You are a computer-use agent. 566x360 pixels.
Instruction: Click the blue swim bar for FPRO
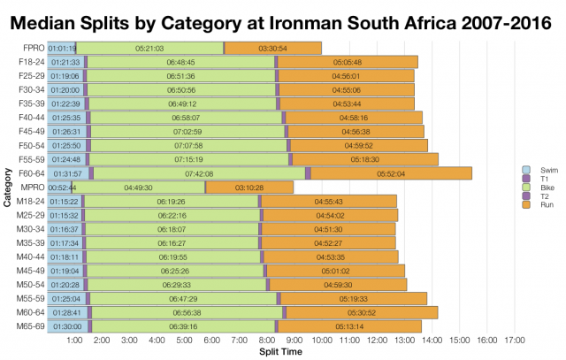pyautogui.click(x=62, y=48)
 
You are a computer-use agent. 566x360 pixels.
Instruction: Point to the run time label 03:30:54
pyautogui.click(x=272, y=48)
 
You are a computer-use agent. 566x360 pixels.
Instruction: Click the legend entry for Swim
pyautogui.click(x=532, y=168)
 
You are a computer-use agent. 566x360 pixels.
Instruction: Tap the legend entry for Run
pyautogui.click(x=532, y=203)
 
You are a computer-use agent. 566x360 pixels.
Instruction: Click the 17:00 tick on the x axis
pyautogui.click(x=515, y=340)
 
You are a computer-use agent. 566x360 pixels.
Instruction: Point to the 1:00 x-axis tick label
pyautogui.click(x=75, y=340)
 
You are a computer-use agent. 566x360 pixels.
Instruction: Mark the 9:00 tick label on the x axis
pyautogui.click(x=294, y=340)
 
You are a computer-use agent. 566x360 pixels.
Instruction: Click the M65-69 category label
pyautogui.click(x=28, y=326)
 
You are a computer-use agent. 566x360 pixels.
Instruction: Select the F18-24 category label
pyautogui.click(x=28, y=62)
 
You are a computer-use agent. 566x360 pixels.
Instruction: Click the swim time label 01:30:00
pyautogui.click(x=65, y=326)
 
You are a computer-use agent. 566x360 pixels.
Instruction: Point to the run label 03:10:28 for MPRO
pyautogui.click(x=249, y=188)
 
